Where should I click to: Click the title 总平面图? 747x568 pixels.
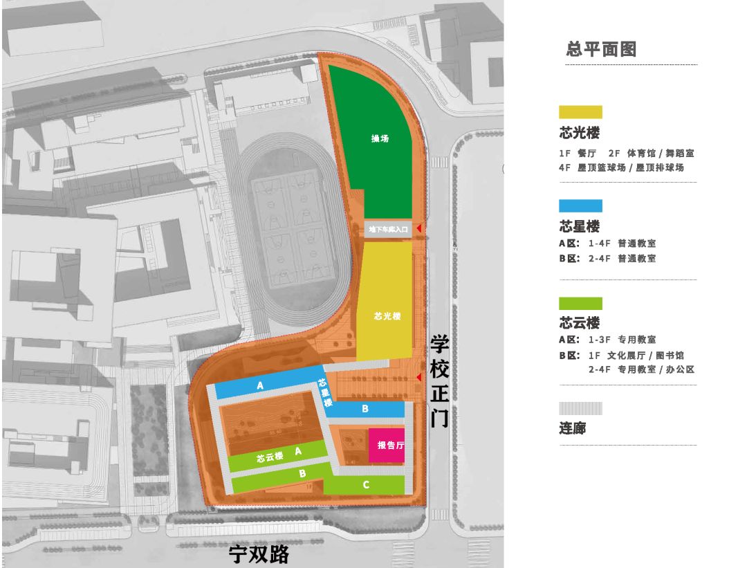pyautogui.click(x=600, y=49)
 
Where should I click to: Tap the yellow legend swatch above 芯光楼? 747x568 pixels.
pyautogui.click(x=580, y=112)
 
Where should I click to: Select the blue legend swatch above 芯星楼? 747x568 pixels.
pyautogui.click(x=580, y=205)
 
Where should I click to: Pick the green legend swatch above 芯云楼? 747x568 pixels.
pyautogui.click(x=580, y=303)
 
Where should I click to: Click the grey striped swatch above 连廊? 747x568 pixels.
pyautogui.click(x=580, y=409)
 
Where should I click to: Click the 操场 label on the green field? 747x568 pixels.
pyautogui.click(x=380, y=138)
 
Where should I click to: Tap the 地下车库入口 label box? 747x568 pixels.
pyautogui.click(x=389, y=228)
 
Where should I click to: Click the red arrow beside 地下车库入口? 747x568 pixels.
pyautogui.click(x=418, y=228)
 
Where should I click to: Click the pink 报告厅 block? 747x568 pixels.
pyautogui.click(x=386, y=446)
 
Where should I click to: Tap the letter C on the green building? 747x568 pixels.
pyautogui.click(x=366, y=485)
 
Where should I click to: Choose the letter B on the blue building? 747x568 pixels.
pyautogui.click(x=365, y=410)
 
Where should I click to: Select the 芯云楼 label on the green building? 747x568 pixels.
pyautogui.click(x=270, y=457)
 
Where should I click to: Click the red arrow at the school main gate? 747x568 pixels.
pyautogui.click(x=418, y=376)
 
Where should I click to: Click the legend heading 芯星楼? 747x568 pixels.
pyautogui.click(x=579, y=226)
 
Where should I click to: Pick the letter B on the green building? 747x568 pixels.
pyautogui.click(x=302, y=474)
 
